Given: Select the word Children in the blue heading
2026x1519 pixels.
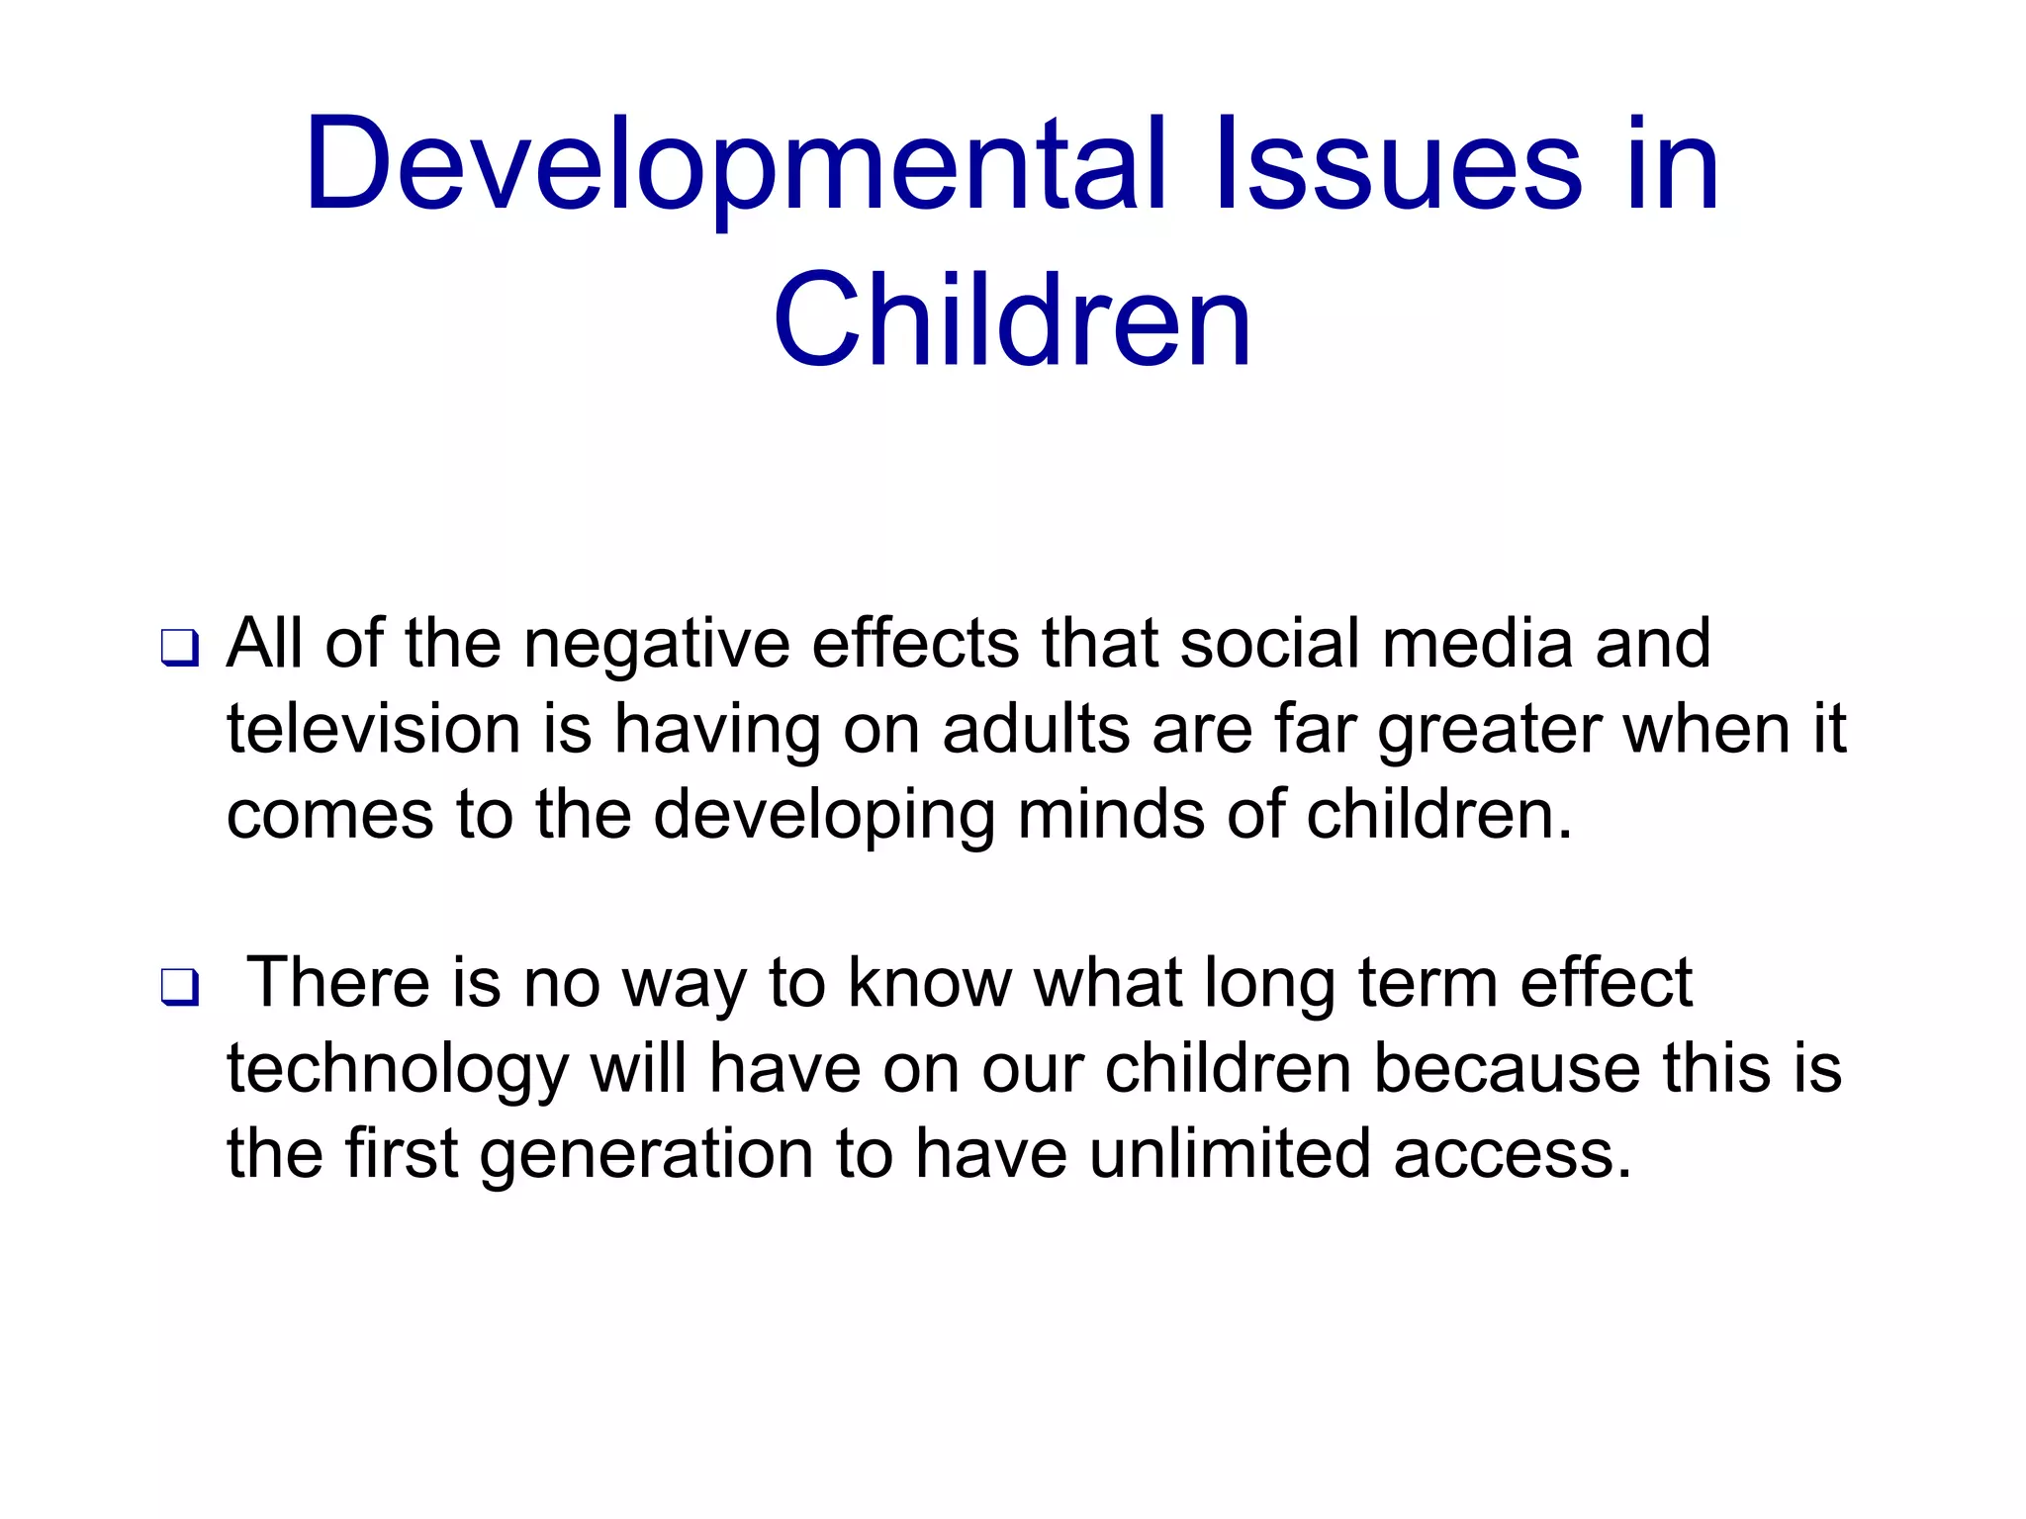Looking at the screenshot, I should point(1012,321).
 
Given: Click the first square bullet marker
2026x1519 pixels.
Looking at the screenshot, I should point(180,649).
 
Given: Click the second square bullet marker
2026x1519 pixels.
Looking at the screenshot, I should point(180,987).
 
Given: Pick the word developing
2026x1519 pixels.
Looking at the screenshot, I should point(823,818).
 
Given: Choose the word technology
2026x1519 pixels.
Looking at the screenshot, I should point(398,1072).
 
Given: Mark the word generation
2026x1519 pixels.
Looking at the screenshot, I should point(646,1156).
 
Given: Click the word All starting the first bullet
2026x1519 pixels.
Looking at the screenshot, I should point(264,644).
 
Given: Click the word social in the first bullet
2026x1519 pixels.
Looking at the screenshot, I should point(1269,644).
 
